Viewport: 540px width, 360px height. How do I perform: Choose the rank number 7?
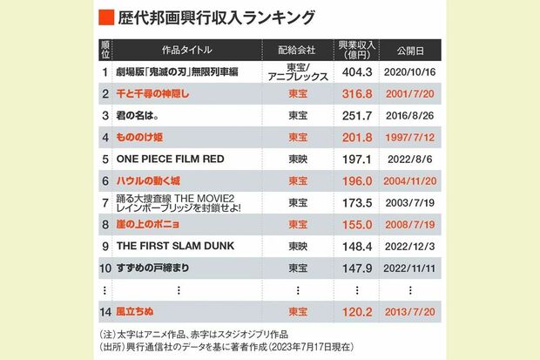tap(105, 202)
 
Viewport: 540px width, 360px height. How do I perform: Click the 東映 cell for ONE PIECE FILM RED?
tap(297, 159)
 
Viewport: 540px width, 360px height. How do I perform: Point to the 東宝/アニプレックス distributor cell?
tap(297, 71)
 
